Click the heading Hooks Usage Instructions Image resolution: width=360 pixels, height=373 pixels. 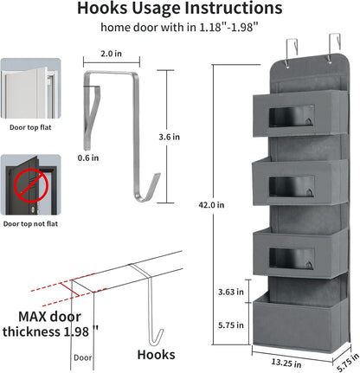coord(178,10)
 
